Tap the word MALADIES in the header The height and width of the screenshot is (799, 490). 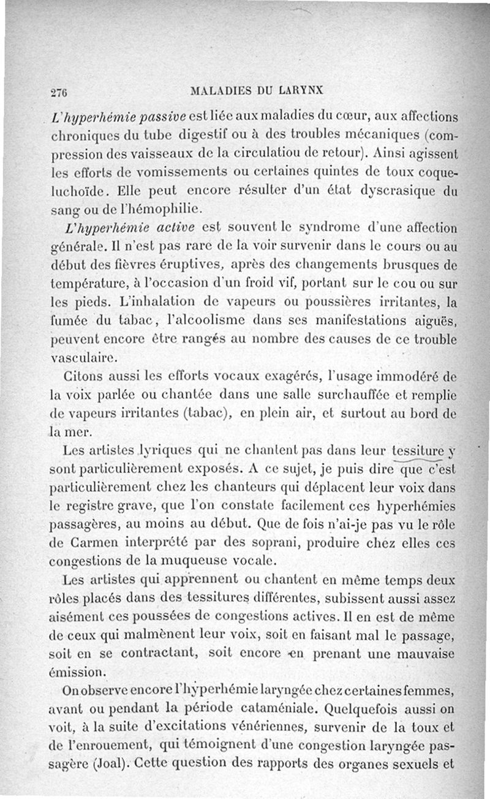click(x=218, y=91)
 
